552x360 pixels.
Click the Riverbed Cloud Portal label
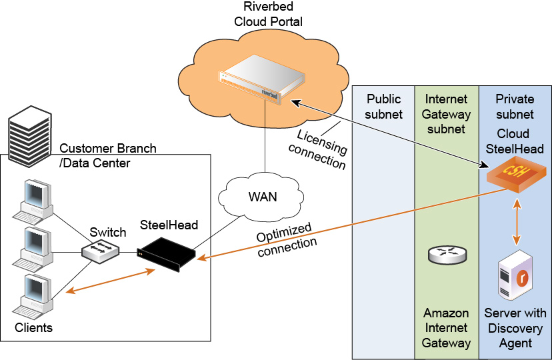pos(268,15)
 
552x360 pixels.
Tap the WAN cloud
pos(263,197)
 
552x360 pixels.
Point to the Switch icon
pos(101,251)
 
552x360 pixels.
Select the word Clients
pos(34,327)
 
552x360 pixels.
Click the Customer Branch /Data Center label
pos(108,155)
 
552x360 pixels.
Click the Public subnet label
pos(384,106)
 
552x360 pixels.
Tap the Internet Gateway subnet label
pos(446,113)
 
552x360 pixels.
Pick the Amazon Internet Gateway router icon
pos(447,254)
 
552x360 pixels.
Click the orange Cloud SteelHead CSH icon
pos(515,175)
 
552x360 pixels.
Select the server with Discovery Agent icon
pos(515,275)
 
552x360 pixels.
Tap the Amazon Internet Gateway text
pos(446,328)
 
